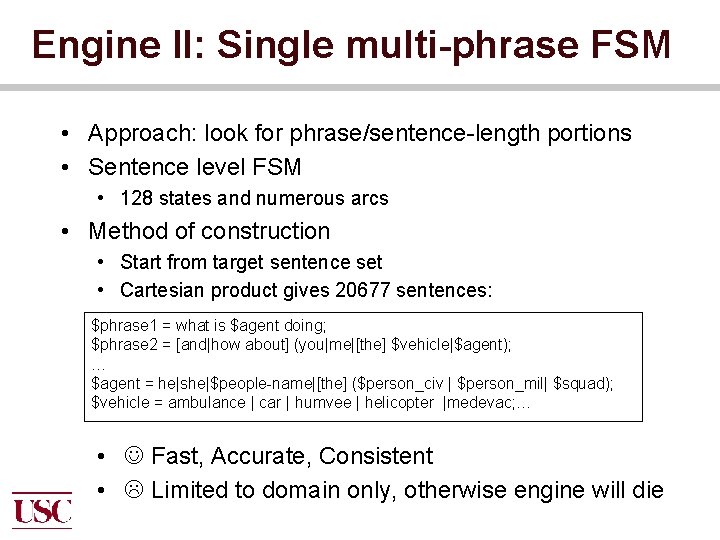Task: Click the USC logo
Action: tap(42, 510)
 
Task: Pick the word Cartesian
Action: tap(156, 291)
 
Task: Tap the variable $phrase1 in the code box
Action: tap(124, 326)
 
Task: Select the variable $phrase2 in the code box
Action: tap(124, 345)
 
